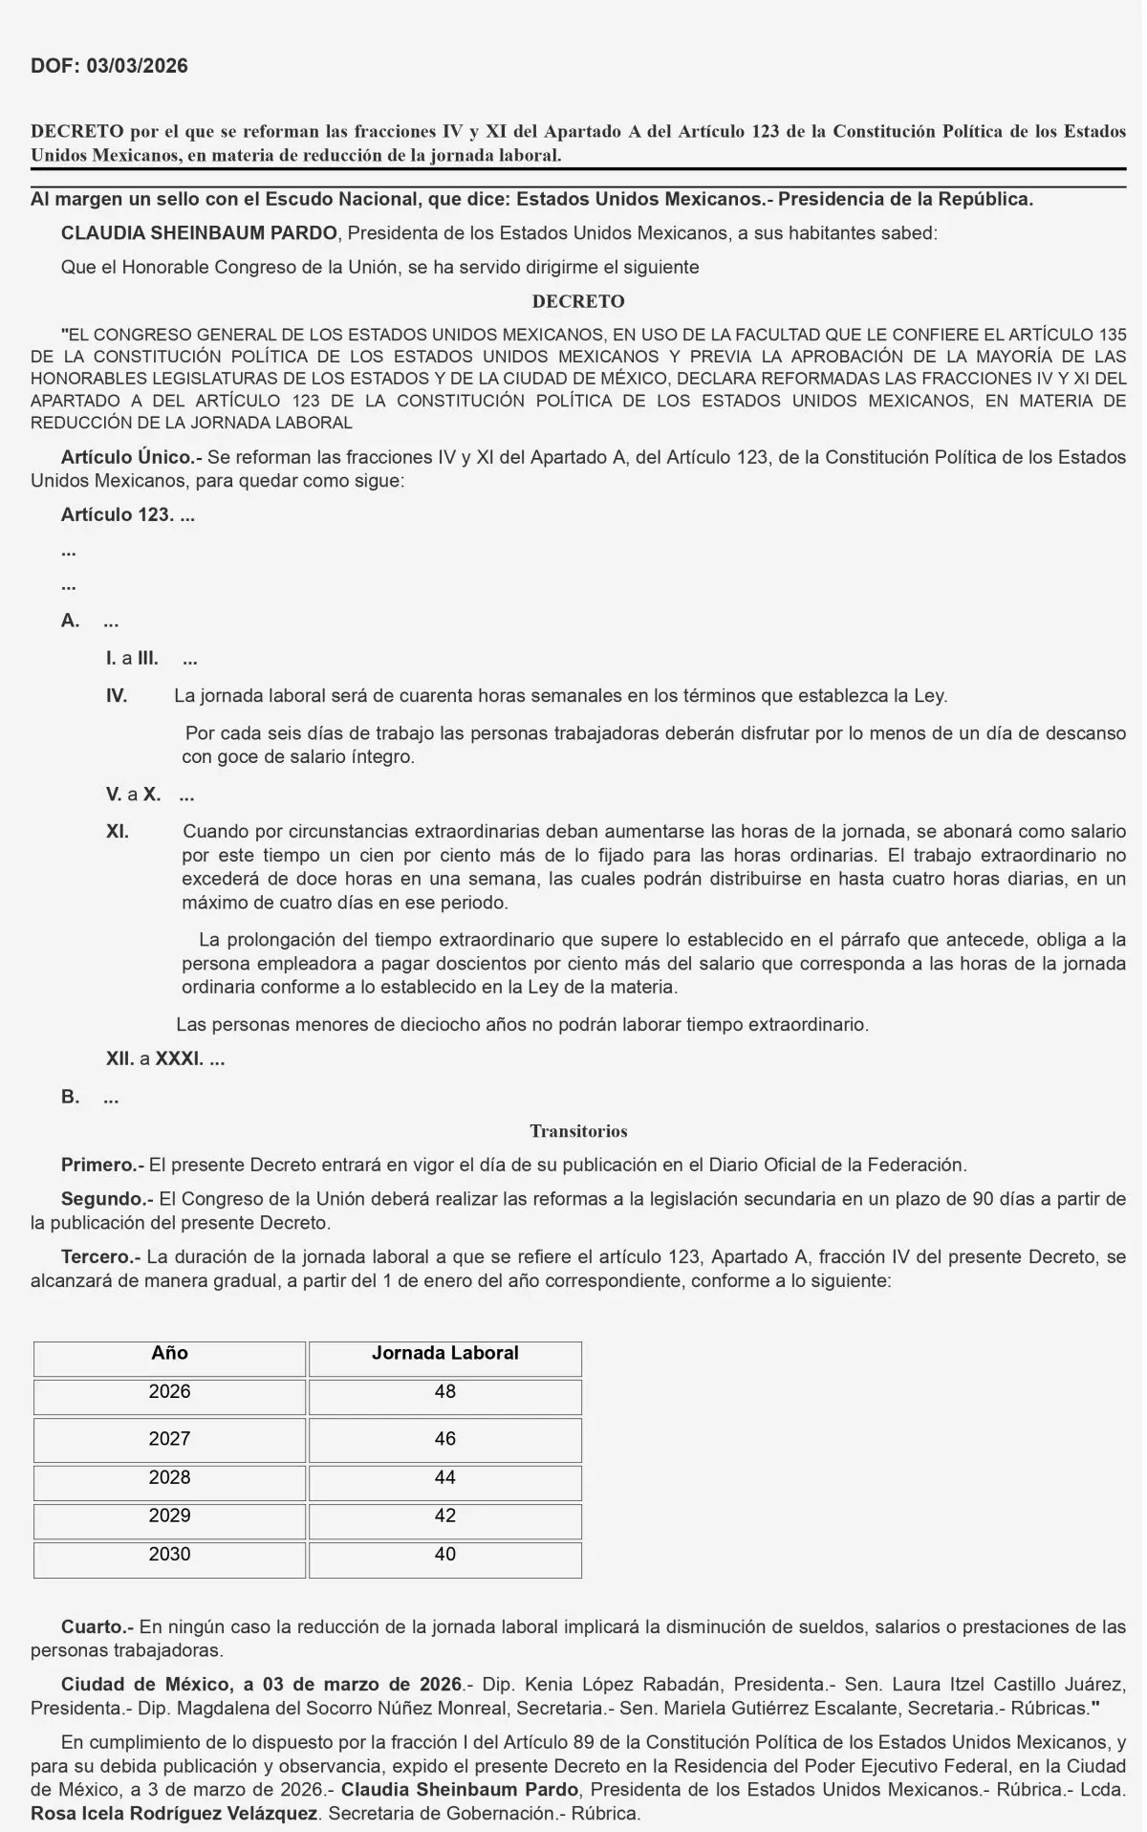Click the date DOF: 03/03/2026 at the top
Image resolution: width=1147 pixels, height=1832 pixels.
coord(109,66)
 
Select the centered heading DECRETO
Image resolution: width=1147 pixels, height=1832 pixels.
coord(578,301)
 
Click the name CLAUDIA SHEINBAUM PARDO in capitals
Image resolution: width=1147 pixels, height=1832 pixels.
coord(199,233)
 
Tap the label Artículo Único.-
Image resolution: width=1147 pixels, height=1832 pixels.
coord(131,457)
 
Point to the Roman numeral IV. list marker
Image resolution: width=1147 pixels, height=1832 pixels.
coord(117,696)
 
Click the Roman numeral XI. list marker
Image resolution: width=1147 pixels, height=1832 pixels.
coord(118,832)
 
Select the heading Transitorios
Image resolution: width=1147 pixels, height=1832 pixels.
coord(578,1131)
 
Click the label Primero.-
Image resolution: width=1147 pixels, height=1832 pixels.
coord(102,1165)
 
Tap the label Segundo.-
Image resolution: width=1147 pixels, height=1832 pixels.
coord(106,1199)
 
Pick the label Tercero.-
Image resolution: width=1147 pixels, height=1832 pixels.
coord(101,1256)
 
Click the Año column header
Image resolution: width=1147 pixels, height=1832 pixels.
coord(169,1353)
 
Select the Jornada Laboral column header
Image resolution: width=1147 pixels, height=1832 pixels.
coord(444,1353)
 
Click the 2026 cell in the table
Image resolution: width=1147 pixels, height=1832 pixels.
coord(169,1392)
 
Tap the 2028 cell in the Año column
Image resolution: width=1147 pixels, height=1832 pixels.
coord(169,1477)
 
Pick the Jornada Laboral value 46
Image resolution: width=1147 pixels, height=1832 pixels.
coord(444,1439)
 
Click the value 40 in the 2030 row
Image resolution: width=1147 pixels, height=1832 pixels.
coord(444,1554)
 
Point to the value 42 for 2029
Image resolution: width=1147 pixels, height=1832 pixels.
coord(444,1516)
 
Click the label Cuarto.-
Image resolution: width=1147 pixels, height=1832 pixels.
coord(98,1626)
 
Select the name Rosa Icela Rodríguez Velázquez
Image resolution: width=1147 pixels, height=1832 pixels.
coord(177,1812)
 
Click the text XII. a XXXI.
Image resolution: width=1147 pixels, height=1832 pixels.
coord(165,1059)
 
